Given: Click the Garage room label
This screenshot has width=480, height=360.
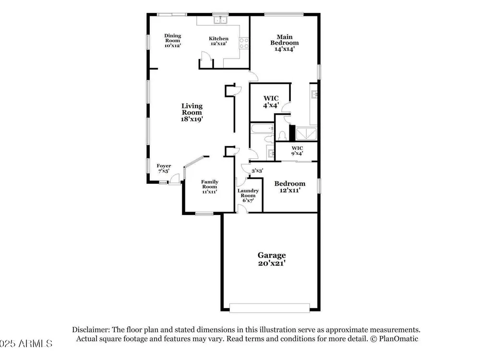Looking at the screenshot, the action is [x=272, y=259].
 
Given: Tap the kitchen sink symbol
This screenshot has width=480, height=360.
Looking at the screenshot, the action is [x=221, y=20].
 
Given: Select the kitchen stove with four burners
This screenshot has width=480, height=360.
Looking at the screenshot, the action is [x=244, y=43].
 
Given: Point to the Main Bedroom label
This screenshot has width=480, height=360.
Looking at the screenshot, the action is [x=284, y=43].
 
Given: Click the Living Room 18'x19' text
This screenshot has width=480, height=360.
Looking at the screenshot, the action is [x=192, y=112].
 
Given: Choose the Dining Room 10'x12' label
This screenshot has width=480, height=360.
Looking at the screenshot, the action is [x=173, y=40].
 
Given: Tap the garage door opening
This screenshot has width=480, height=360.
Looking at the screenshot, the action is [x=270, y=308].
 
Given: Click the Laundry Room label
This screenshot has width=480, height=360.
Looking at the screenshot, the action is [x=248, y=195].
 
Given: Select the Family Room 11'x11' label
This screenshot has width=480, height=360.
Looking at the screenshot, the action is [x=210, y=187].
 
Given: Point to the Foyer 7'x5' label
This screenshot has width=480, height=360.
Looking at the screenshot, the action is [x=164, y=168].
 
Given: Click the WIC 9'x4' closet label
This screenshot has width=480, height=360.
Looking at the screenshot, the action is [x=297, y=151].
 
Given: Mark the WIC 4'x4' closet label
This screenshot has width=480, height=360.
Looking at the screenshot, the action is [x=271, y=102].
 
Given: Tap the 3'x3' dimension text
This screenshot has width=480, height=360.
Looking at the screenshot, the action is [x=257, y=171].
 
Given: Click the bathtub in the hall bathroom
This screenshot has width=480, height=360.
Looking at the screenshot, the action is [x=263, y=128].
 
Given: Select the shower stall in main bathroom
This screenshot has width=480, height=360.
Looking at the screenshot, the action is [x=306, y=133].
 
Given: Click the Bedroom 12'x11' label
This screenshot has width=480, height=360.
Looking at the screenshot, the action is [x=289, y=187].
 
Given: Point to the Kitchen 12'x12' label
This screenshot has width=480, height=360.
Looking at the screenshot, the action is [x=218, y=41].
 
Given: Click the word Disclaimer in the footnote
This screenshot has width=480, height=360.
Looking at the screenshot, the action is [x=91, y=330].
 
